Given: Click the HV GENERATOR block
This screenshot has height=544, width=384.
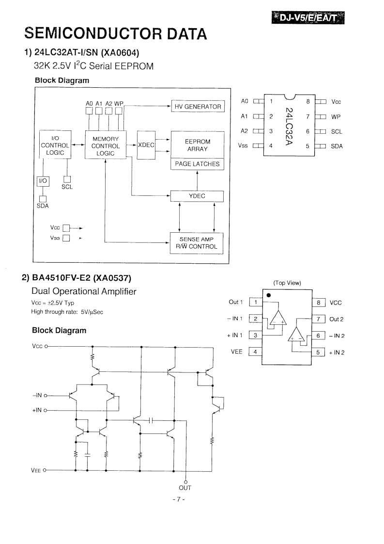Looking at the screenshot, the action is point(198,107).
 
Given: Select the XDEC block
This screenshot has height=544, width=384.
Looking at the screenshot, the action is point(146,145).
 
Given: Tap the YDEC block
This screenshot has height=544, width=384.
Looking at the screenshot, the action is point(197,196).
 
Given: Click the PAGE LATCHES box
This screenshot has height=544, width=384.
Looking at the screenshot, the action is point(197,164).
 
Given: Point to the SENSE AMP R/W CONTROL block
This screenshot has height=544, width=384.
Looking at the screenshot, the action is point(196,243).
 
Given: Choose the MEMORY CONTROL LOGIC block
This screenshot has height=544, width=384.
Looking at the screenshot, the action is point(106,146).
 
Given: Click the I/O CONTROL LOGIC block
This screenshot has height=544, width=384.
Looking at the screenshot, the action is point(55,145).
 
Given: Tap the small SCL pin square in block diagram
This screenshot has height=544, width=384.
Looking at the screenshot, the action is point(67,179).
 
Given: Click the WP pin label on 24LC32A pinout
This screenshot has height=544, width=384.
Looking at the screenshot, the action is point(336,117).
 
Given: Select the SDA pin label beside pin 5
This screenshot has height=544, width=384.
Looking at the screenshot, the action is point(337,146).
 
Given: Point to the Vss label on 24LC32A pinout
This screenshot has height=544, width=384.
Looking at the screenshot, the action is point(243,146).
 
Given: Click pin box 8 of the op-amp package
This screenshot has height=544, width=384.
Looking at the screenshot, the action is point(319,303).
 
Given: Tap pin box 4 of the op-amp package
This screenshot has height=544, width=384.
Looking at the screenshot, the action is point(255,352).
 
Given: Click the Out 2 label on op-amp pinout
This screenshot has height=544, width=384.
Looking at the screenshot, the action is point(336,319).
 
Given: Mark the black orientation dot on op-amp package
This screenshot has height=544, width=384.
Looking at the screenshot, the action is point(269,295).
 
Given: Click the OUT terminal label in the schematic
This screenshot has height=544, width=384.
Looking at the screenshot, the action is point(185,488).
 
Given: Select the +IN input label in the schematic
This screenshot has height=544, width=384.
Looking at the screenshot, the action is point(37,410).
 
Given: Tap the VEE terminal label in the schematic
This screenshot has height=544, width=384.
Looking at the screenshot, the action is point(36,470).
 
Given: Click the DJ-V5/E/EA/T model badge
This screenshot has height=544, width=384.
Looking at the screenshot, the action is point(308,18).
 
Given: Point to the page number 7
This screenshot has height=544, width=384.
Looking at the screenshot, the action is point(179,499).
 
